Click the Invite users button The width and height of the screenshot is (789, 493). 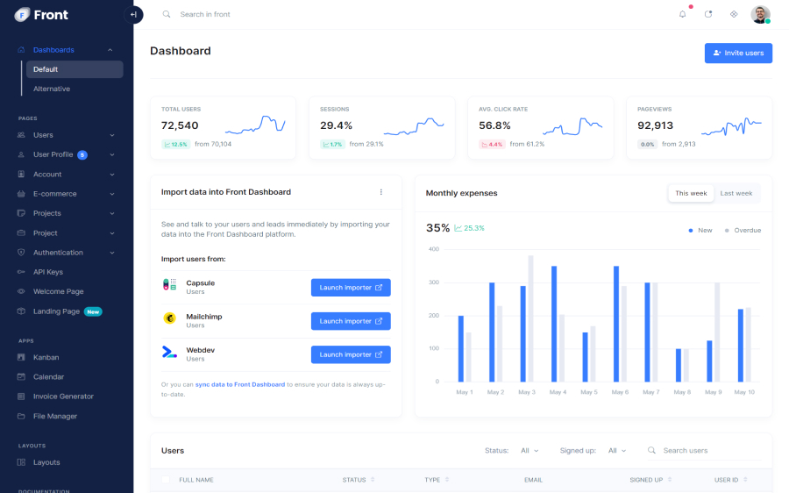(x=738, y=54)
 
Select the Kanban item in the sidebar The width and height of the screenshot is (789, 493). (x=46, y=357)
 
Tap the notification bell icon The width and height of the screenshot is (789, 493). (x=683, y=14)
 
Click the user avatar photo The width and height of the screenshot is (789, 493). (x=760, y=14)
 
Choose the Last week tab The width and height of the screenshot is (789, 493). (x=736, y=193)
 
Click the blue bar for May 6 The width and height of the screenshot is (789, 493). (x=616, y=324)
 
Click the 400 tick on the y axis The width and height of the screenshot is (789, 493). (x=433, y=249)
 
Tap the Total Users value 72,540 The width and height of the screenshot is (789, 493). (x=180, y=125)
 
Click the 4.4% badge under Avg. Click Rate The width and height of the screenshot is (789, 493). (x=492, y=144)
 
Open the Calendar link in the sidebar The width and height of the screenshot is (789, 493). (x=48, y=377)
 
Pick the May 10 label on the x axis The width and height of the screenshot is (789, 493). (x=744, y=392)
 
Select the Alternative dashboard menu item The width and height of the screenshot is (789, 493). (x=52, y=89)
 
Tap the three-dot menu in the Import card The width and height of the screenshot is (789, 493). (x=380, y=192)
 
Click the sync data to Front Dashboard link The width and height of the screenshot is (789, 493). (x=240, y=384)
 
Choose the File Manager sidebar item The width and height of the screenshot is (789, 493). (x=55, y=416)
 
